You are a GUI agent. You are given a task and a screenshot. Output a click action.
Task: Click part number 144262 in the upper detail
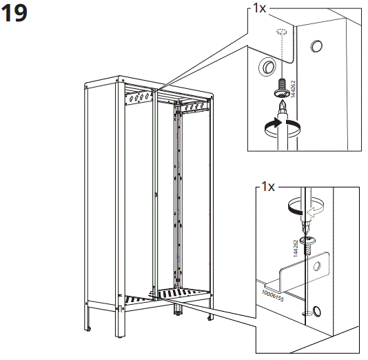[x=294, y=89]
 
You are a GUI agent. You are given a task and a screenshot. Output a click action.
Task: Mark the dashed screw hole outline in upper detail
[x=281, y=34]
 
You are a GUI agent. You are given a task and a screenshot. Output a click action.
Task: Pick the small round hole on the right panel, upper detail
[x=316, y=47]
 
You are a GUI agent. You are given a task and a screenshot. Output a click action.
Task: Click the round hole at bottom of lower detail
[x=316, y=309]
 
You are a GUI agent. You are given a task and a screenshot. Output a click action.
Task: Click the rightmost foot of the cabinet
[x=209, y=319]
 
